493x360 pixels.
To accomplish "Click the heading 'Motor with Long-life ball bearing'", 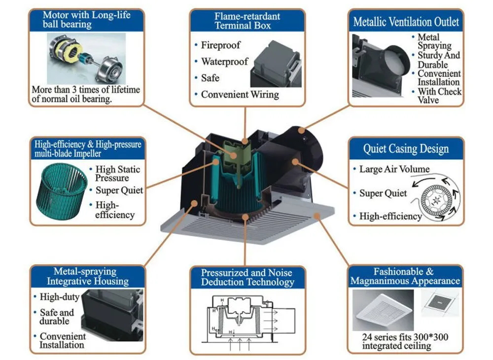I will [87, 20].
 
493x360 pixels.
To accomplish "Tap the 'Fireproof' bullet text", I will [220, 45].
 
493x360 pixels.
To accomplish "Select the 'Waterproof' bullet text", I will [224, 62].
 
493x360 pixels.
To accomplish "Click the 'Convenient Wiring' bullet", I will [240, 94].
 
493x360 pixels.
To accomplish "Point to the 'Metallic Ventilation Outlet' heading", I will [406, 22].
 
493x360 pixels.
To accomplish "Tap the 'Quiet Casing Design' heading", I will [406, 148].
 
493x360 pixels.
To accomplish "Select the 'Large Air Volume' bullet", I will [394, 169].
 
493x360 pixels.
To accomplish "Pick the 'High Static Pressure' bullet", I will [117, 174].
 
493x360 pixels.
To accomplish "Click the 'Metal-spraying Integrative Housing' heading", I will [87, 277].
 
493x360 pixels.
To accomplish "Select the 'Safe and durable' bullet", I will [56, 317].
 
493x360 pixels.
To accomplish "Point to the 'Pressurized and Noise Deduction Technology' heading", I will [247, 278].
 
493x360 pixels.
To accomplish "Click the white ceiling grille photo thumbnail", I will [383, 310].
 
